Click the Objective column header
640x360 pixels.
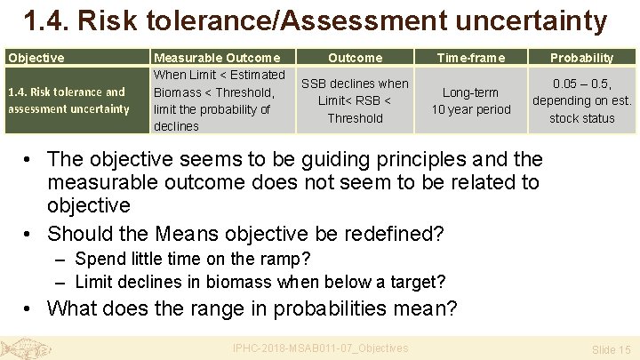tap(36, 58)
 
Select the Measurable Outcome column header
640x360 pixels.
tap(217, 58)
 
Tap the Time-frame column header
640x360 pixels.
tap(471, 58)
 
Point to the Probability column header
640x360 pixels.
tap(581, 58)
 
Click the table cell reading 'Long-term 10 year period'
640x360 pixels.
tap(471, 100)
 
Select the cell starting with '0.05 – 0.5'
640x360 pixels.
tap(581, 100)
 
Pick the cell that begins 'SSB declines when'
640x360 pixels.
tap(355, 100)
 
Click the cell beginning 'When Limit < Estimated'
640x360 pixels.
tap(220, 100)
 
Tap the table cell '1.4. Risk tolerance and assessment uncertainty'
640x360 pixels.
tap(67, 100)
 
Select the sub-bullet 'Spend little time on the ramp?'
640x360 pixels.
tap(193, 260)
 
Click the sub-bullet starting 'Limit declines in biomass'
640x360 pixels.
tap(260, 282)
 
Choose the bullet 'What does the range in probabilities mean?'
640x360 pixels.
tap(252, 308)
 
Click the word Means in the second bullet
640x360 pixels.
tap(193, 235)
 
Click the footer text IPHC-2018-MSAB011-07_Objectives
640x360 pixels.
tap(320, 348)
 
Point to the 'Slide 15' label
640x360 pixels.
tap(611, 349)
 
